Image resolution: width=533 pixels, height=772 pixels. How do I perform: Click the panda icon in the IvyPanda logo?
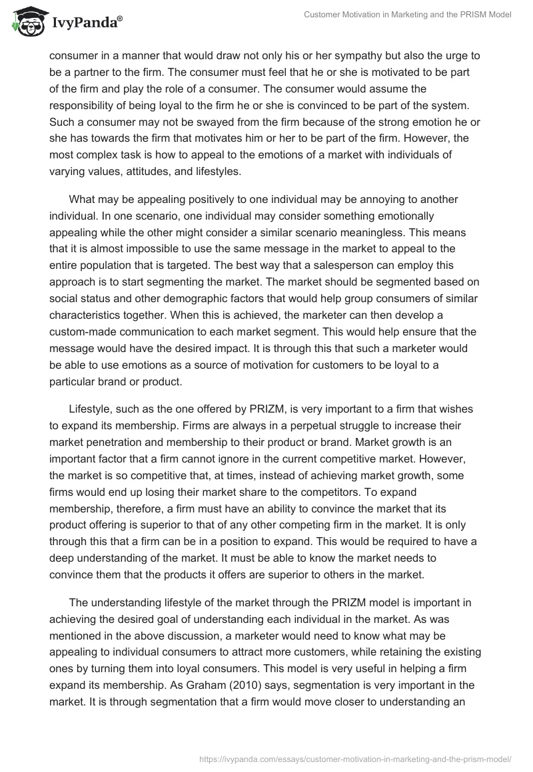[x=26, y=21]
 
